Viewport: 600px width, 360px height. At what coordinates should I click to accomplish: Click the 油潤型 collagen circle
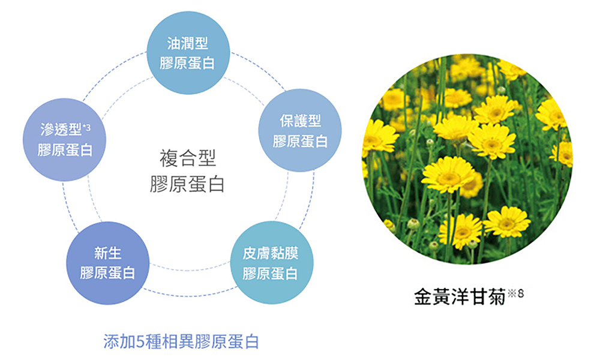point(188,53)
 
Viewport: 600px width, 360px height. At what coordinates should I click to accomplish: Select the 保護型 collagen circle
point(300,130)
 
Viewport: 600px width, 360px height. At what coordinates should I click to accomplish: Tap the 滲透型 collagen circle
point(64,140)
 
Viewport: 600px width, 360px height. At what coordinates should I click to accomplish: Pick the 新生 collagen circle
point(107,263)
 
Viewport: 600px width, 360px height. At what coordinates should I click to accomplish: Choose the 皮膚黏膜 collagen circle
point(271,263)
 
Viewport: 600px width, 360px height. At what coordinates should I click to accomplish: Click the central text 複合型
point(188,158)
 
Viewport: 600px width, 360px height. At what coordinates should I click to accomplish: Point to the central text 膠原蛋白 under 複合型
point(187,184)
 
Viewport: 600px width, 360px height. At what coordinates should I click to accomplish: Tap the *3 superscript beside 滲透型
point(87,127)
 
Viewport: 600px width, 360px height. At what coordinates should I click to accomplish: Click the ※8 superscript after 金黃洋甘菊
point(516,293)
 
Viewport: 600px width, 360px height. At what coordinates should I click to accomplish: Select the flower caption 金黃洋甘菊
point(460,297)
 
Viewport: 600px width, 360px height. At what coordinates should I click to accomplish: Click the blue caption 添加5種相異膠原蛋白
point(181,341)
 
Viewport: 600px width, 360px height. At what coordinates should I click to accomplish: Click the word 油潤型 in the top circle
point(187,43)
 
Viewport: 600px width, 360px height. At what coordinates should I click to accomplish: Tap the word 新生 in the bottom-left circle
point(107,253)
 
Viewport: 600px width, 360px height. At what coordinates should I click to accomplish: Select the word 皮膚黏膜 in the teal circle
point(271,253)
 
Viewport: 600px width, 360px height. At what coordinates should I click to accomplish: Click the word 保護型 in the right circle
point(301,121)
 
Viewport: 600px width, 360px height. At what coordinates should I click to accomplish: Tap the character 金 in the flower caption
point(423,297)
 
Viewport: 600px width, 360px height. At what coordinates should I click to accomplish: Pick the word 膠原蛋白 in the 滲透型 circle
point(65,150)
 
